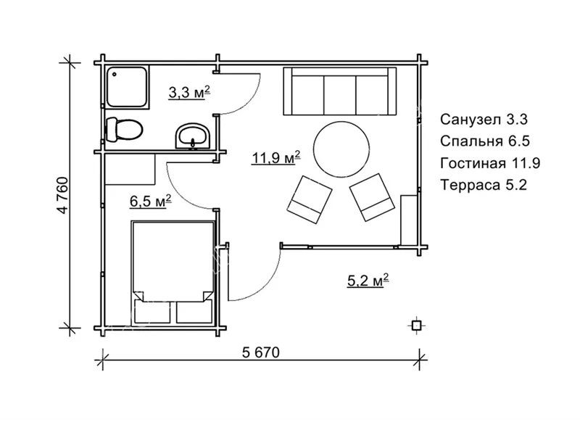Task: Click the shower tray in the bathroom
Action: pyautogui.click(x=128, y=87)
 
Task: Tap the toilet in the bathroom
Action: pyautogui.click(x=124, y=130)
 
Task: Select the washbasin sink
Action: pyautogui.click(x=192, y=136)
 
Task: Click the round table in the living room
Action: pyautogui.click(x=341, y=149)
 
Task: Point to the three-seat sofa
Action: pyautogui.click(x=340, y=91)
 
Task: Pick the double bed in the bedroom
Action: pyautogui.click(x=173, y=273)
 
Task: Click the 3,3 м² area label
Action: pyautogui.click(x=189, y=93)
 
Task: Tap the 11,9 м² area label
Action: pyautogui.click(x=275, y=157)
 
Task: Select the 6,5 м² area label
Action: pyautogui.click(x=151, y=202)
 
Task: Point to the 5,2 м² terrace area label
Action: pyautogui.click(x=368, y=281)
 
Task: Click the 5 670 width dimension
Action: pyautogui.click(x=261, y=352)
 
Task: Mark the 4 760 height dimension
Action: pyautogui.click(x=63, y=196)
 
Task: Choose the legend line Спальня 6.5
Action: pyautogui.click(x=485, y=141)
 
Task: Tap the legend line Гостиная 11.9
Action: pyautogui.click(x=490, y=162)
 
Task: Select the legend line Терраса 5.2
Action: pyautogui.click(x=484, y=185)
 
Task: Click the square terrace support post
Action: pyautogui.click(x=416, y=326)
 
